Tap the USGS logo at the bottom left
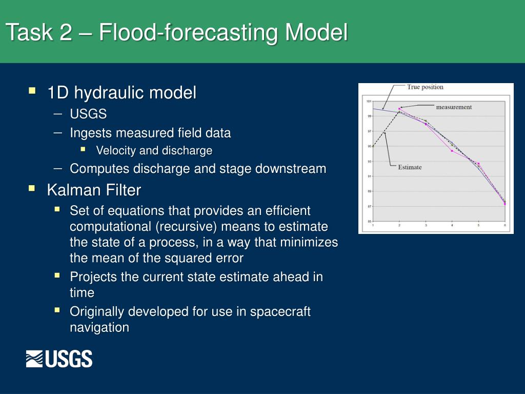(x=59, y=359)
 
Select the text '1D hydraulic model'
(x=122, y=93)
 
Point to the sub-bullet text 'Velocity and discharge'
(x=154, y=151)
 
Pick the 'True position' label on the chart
(x=425, y=87)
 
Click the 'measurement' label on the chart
(x=453, y=107)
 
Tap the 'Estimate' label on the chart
(x=410, y=167)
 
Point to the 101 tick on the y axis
(x=369, y=101)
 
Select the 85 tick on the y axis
(x=369, y=222)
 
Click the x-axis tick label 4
(x=452, y=226)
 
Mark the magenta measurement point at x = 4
(x=452, y=151)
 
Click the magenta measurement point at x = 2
(x=399, y=109)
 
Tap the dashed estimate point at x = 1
(x=373, y=146)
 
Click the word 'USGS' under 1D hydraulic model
(x=88, y=114)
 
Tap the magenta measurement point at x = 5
(x=478, y=164)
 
